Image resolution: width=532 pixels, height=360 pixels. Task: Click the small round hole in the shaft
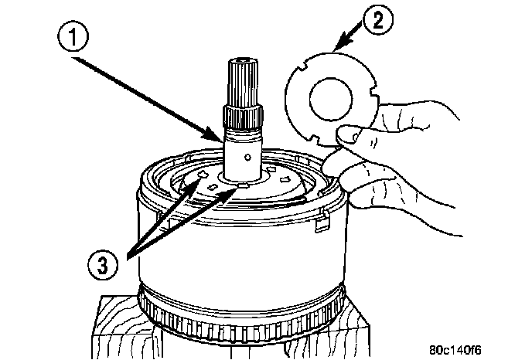click(x=247, y=156)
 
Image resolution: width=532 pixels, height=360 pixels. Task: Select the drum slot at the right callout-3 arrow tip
click(x=241, y=185)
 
